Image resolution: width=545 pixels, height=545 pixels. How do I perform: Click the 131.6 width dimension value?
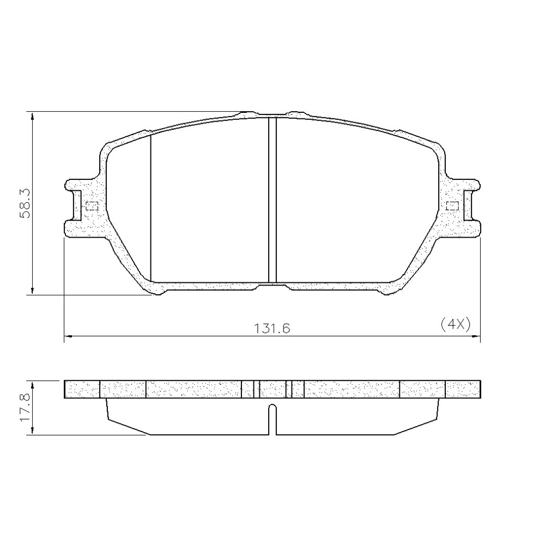click(272, 329)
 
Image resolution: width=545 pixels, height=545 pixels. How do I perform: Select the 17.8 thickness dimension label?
click(26, 408)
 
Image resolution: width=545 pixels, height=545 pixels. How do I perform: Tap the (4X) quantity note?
click(455, 325)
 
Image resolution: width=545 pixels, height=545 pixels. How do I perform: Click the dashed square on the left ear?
click(92, 206)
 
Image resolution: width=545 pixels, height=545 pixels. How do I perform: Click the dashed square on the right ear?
click(452, 206)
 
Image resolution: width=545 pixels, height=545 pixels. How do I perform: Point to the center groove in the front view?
click(272, 200)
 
